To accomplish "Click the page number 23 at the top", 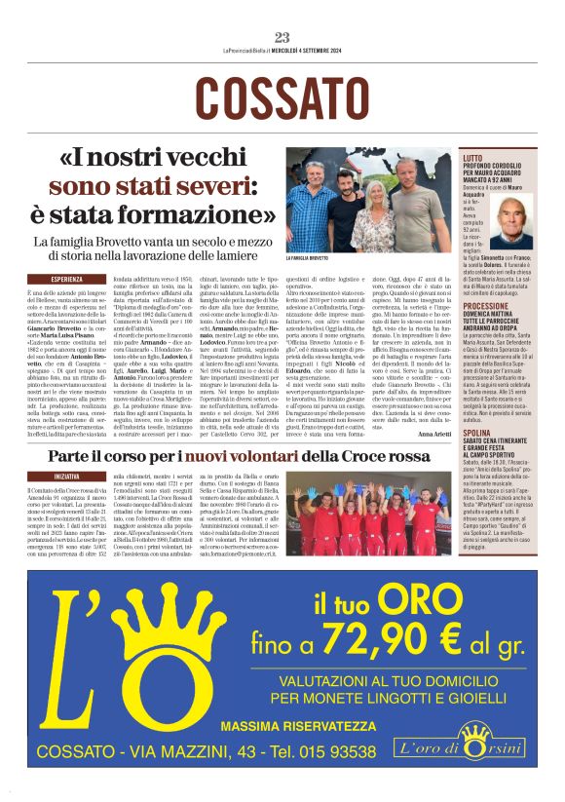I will tap(282, 37).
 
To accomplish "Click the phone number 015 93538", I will tap(330, 752).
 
